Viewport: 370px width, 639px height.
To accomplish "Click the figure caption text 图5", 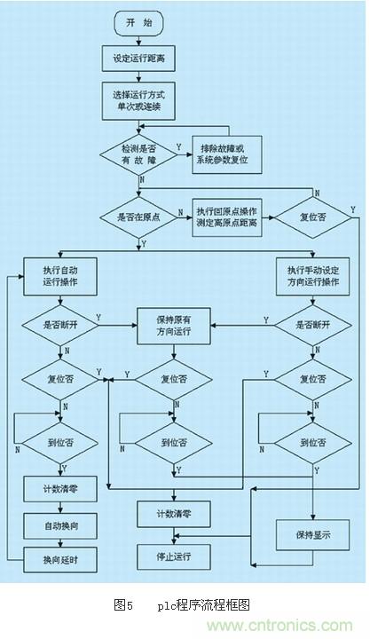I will [124, 605].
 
